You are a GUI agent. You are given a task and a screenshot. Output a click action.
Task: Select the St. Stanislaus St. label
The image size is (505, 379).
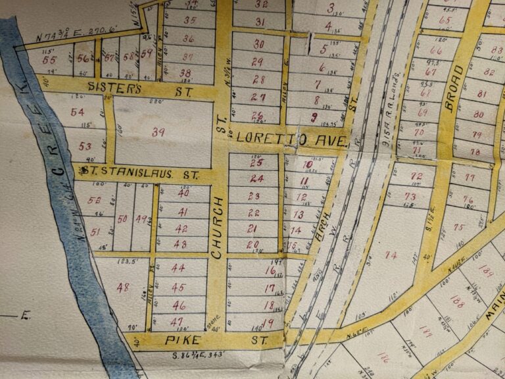(138, 174)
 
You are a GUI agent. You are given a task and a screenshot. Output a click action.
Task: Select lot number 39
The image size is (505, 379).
(158, 132)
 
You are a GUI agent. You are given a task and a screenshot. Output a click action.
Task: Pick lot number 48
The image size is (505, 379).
(122, 287)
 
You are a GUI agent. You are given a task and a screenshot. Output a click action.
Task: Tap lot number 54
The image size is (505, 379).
(77, 112)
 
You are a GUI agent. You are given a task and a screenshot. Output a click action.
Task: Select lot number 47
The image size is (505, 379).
(176, 321)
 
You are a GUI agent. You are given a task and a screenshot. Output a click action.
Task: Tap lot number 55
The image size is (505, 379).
(48, 59)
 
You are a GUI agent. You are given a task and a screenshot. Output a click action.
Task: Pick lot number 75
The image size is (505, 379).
(458, 227)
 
